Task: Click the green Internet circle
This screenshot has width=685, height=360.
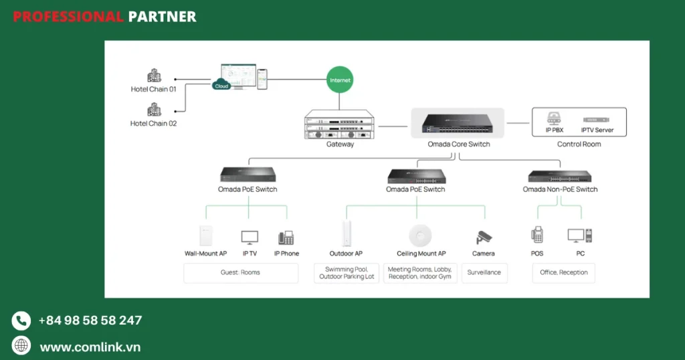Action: pyautogui.click(x=340, y=80)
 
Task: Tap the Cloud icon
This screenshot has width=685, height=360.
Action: pyautogui.click(x=221, y=85)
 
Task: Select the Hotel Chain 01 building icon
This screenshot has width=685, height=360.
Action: pyautogui.click(x=154, y=76)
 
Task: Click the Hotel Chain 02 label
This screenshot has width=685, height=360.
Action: pyautogui.click(x=153, y=123)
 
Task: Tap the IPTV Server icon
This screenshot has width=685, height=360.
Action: pyautogui.click(x=597, y=118)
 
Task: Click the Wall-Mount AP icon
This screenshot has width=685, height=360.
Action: pyautogui.click(x=205, y=236)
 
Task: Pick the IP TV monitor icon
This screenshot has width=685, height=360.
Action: pyautogui.click(x=250, y=237)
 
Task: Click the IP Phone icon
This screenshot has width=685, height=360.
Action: pyautogui.click(x=286, y=237)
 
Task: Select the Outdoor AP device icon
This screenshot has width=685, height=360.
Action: pyautogui.click(x=346, y=234)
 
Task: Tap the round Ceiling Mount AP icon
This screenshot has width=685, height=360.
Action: pyautogui.click(x=420, y=236)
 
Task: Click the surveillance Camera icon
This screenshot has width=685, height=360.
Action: pyautogui.click(x=484, y=237)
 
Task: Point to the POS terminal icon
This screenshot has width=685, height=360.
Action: pyautogui.click(x=537, y=236)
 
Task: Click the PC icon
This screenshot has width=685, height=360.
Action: pyautogui.click(x=579, y=236)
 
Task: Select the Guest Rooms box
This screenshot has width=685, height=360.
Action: pyautogui.click(x=241, y=273)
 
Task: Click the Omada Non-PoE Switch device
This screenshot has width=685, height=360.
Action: pyautogui.click(x=560, y=177)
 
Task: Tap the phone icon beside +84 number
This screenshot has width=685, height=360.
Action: pyautogui.click(x=21, y=321)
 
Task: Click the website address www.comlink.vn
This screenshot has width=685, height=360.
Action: pyautogui.click(x=90, y=347)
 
